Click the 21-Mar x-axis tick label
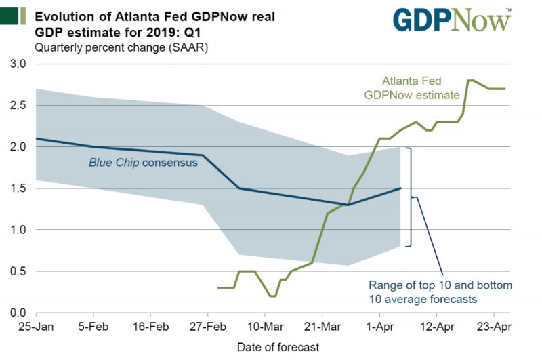[x=321, y=326]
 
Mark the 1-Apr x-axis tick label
[x=379, y=326]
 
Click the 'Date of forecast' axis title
[x=278, y=347]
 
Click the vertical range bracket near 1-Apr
[x=411, y=197]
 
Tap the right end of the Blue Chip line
[x=401, y=188]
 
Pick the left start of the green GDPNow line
[x=218, y=287]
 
